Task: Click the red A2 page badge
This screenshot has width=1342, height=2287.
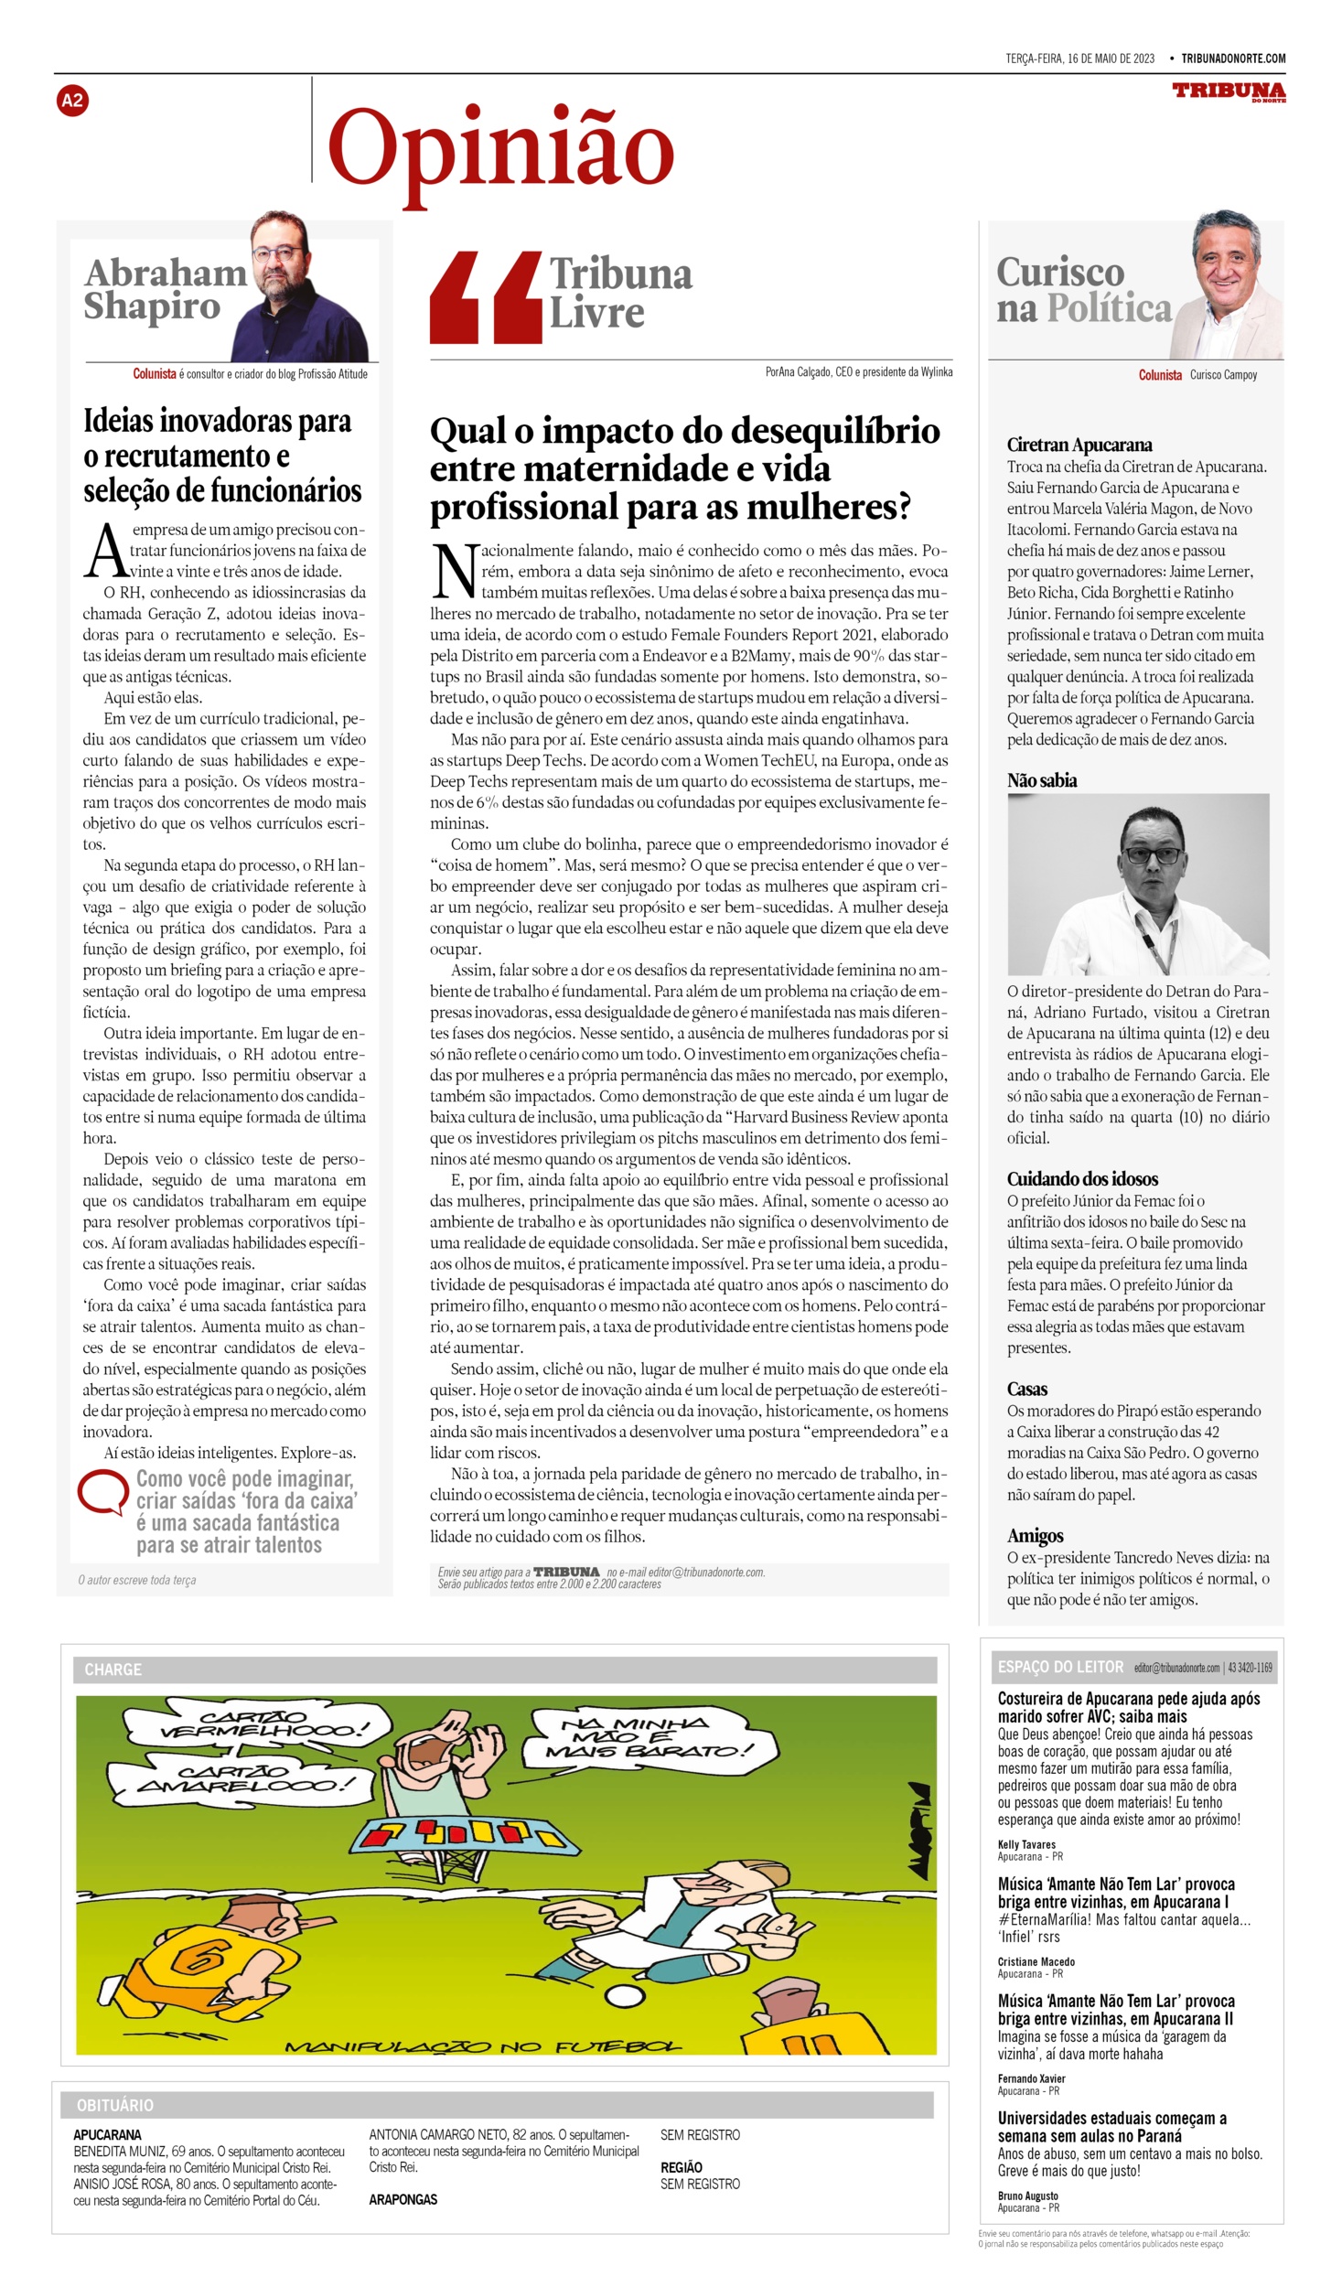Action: coord(72,101)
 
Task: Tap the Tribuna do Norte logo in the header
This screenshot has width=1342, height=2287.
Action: coord(1229,91)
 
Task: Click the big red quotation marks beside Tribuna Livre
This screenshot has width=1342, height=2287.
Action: coord(485,297)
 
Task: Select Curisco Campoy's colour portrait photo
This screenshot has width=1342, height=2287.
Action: coord(1226,287)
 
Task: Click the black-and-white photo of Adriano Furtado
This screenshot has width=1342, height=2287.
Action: coord(1138,884)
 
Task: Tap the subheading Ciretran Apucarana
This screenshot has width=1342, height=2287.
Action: coord(1079,446)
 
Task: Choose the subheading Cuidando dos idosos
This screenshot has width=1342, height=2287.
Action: coord(1082,1179)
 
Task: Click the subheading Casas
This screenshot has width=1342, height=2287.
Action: coord(1027,1389)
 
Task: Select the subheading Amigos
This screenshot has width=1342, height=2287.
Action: coord(1035,1536)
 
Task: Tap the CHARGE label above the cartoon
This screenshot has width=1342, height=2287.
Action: coord(113,1670)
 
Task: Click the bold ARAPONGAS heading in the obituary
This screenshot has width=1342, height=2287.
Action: coord(403,2199)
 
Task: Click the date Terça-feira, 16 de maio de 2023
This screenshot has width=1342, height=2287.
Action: coord(1079,59)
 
